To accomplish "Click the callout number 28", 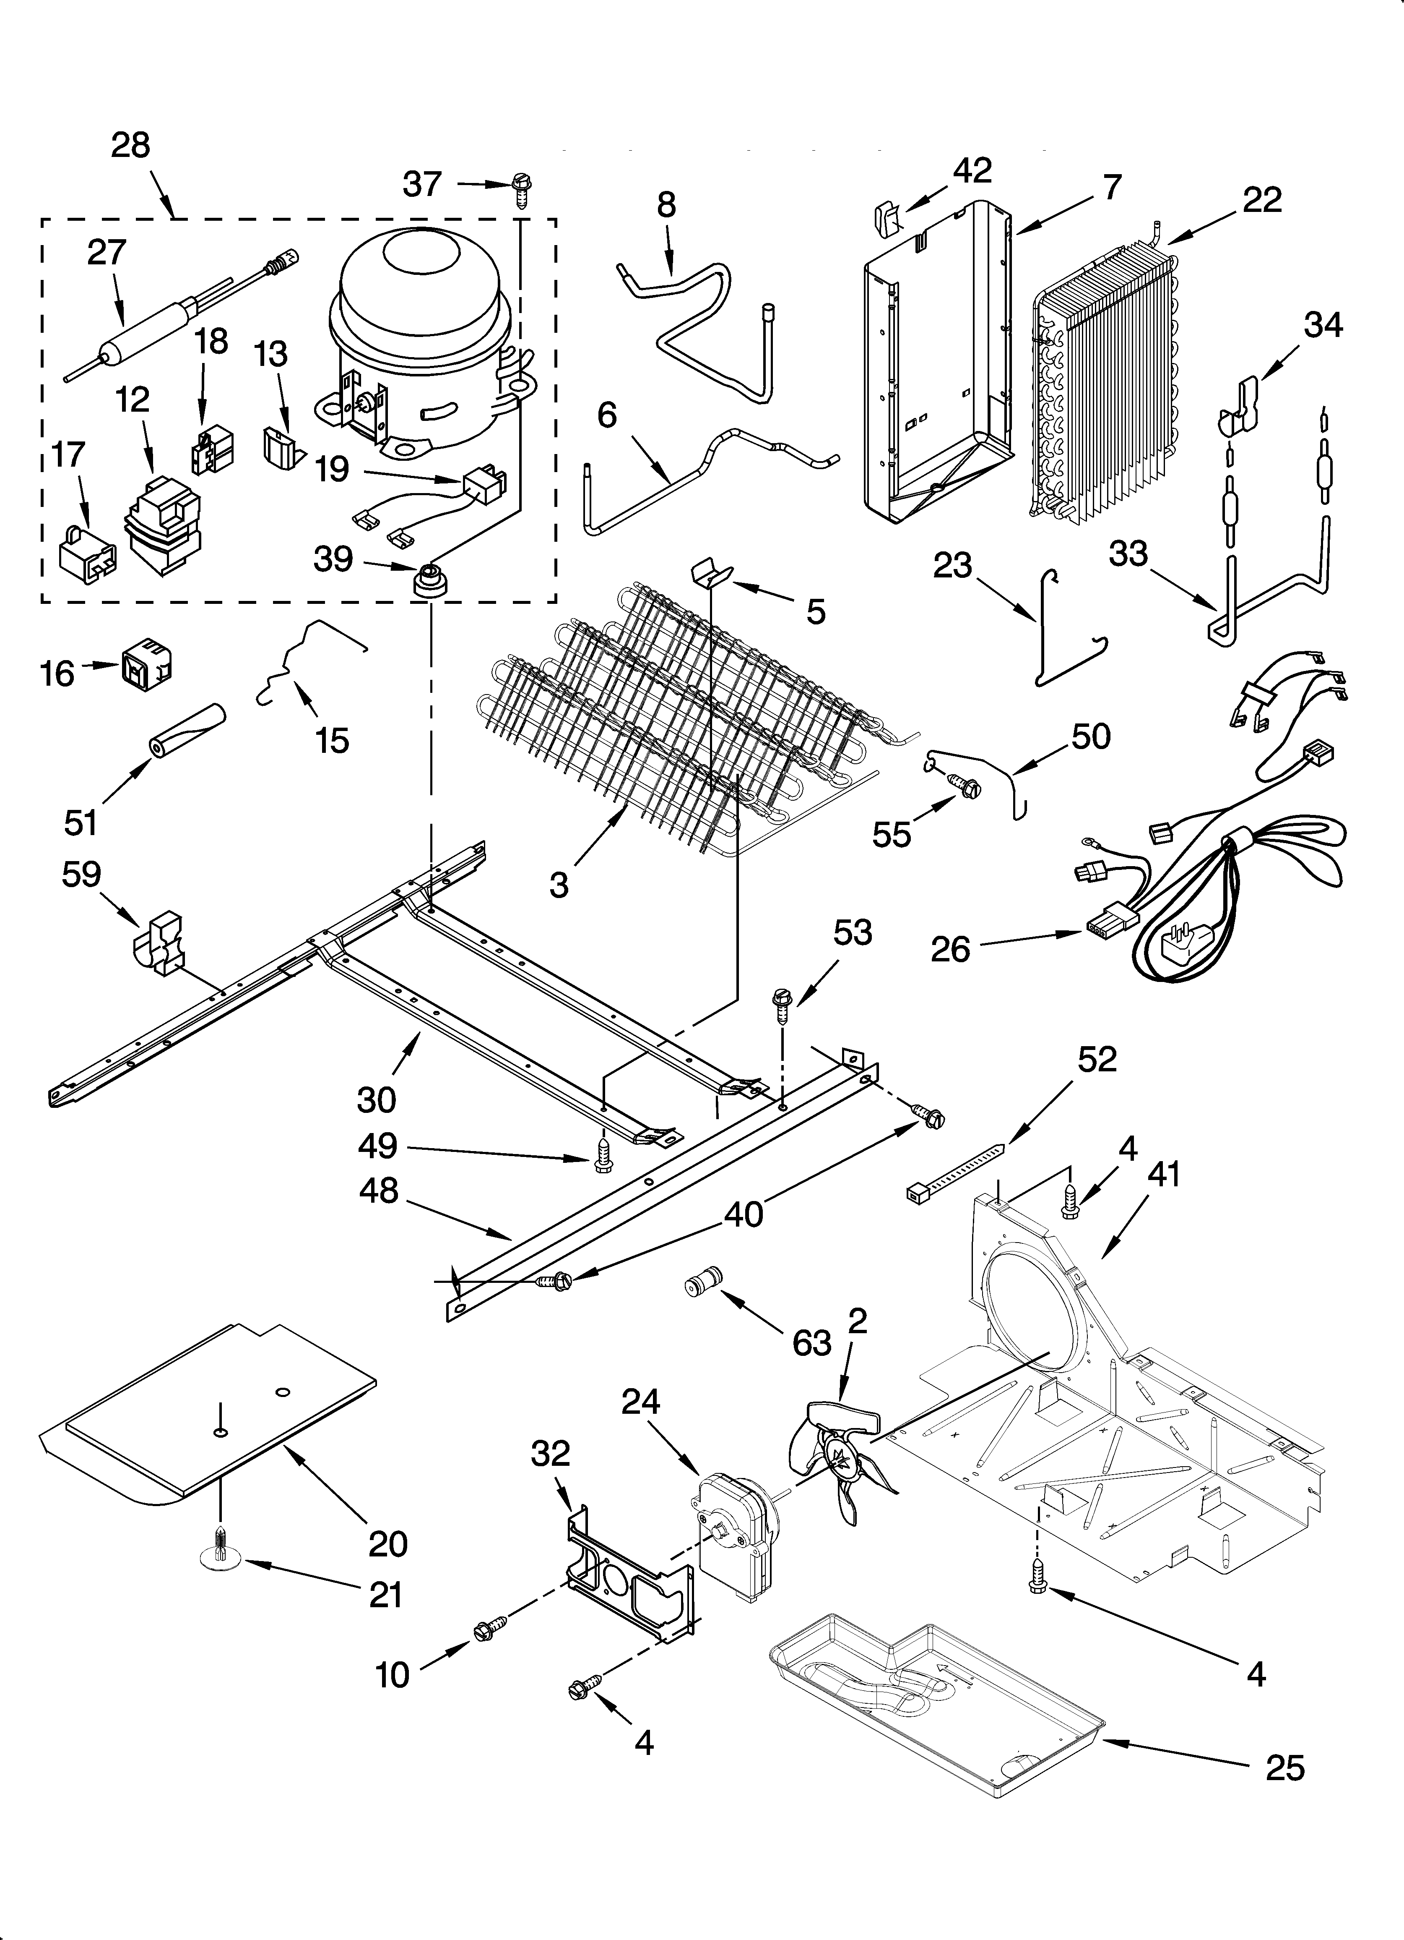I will (130, 146).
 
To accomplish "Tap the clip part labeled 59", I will (162, 945).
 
